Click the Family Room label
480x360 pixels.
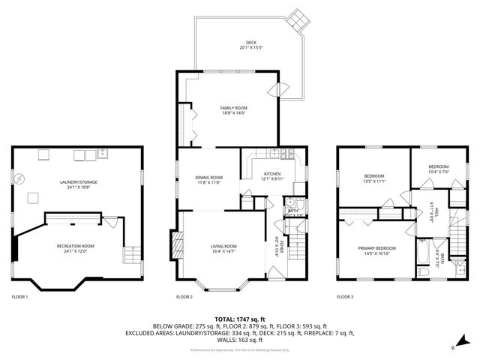click(x=233, y=108)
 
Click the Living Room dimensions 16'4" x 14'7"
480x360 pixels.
click(x=224, y=251)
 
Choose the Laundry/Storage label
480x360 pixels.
click(x=79, y=181)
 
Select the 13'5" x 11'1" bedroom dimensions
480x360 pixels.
click(x=373, y=181)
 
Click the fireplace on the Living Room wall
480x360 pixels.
click(x=177, y=244)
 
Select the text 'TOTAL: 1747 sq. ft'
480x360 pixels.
click(x=240, y=319)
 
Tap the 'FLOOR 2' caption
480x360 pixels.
click(x=184, y=297)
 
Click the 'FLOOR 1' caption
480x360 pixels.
click(x=19, y=297)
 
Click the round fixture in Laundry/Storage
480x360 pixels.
click(x=21, y=178)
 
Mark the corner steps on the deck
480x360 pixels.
click(x=300, y=18)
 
